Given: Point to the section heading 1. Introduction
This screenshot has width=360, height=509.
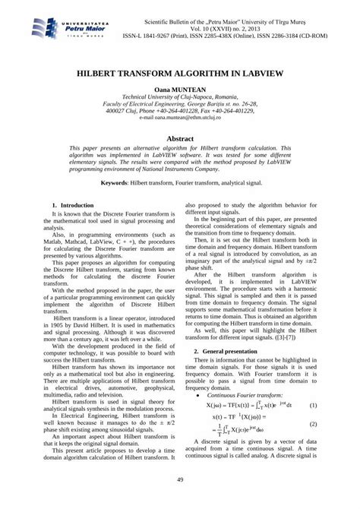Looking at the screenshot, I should (x=72, y=206).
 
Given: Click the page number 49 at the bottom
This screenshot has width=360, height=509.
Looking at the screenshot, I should (x=180, y=479).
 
